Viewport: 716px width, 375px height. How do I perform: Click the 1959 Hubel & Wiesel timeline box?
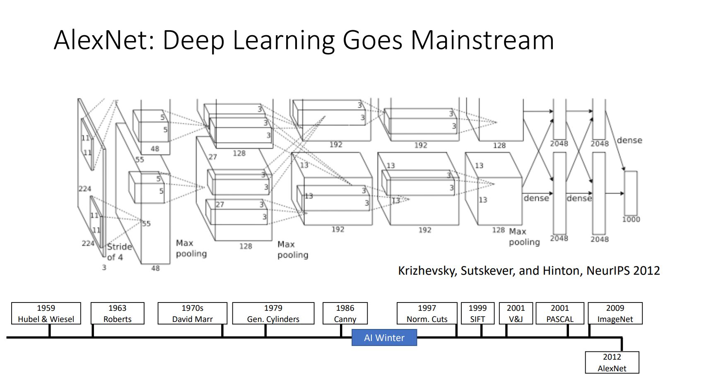click(46, 313)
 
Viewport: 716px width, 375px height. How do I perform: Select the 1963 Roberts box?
click(118, 313)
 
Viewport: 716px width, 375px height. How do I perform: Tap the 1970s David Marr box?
click(192, 313)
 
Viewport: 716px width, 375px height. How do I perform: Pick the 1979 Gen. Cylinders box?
click(273, 313)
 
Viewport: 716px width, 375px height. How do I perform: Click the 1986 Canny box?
click(345, 313)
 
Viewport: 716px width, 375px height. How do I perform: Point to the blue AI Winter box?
click(384, 338)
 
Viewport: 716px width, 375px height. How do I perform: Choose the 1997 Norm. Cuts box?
click(427, 313)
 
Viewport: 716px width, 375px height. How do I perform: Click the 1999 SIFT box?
click(477, 313)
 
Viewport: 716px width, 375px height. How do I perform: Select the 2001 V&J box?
click(516, 313)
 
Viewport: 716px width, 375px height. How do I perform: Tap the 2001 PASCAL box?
click(560, 313)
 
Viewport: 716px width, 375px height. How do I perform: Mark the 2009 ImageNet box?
click(615, 313)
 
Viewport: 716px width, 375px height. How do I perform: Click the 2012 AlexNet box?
click(612, 363)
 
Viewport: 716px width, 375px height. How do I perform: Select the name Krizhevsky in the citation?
click(427, 271)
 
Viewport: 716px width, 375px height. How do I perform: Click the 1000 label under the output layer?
click(631, 219)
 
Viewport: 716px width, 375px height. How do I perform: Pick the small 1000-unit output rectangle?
click(630, 193)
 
